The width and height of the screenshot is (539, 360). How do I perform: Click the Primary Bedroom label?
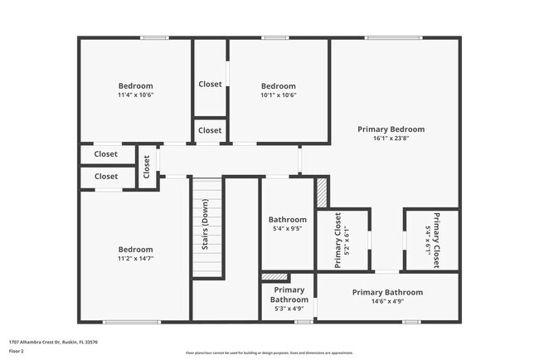pos(391,129)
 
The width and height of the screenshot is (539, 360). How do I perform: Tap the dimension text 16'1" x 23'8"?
pos(391,139)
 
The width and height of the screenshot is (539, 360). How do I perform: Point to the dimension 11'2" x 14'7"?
pos(135,259)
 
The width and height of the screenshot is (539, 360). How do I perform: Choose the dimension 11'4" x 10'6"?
pos(135,95)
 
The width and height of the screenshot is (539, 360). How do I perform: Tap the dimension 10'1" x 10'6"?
pos(279,95)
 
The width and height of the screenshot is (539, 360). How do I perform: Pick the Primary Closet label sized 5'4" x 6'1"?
pos(432,241)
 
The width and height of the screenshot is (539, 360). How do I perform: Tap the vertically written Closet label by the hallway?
pos(147,168)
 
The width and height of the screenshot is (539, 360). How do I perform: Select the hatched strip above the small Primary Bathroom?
pos(274,276)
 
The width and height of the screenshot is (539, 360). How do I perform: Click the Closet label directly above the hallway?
pos(210,130)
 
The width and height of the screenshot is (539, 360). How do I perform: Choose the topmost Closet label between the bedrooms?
pos(210,84)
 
